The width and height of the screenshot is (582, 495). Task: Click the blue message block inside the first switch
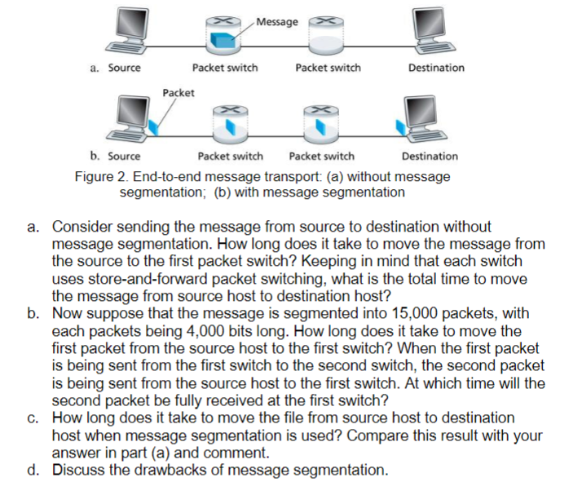tap(220, 38)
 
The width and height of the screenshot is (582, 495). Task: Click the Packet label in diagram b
tap(179, 92)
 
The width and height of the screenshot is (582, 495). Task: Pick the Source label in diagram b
tap(124, 156)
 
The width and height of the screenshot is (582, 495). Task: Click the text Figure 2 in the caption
tap(99, 177)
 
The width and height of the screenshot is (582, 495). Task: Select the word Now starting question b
tap(68, 314)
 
